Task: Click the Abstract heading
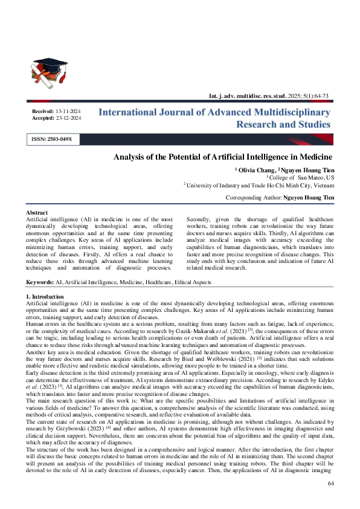(37, 213)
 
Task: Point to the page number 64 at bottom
(330, 484)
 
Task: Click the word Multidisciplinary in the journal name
(290, 112)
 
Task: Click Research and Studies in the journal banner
(283, 125)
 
